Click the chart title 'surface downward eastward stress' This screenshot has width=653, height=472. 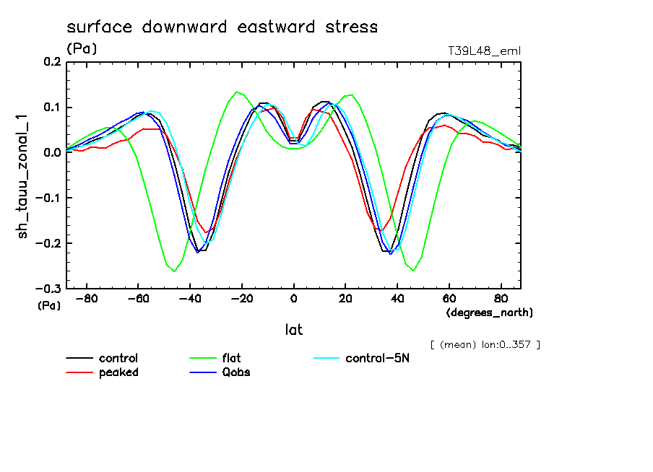click(x=222, y=27)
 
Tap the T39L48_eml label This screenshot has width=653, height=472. click(x=484, y=51)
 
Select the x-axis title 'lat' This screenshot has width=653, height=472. click(x=293, y=330)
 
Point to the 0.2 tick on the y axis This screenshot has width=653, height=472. click(x=52, y=63)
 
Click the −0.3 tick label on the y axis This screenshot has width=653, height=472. click(x=49, y=288)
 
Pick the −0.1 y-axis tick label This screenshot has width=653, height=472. click(x=49, y=198)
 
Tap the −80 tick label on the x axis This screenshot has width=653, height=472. click(x=87, y=298)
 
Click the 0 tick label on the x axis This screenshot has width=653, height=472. click(x=294, y=298)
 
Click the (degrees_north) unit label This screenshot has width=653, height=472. click(x=490, y=313)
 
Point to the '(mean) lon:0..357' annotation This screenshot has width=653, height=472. click(x=485, y=344)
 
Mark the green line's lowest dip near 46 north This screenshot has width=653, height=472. click(x=414, y=271)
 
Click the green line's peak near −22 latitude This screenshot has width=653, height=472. click(x=237, y=92)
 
